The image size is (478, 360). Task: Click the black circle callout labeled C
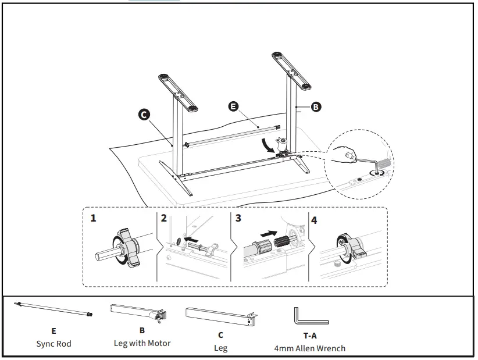click(144, 114)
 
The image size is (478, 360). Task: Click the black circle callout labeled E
click(233, 106)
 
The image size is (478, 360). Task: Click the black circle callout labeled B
click(316, 106)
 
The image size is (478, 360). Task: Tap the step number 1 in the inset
click(93, 219)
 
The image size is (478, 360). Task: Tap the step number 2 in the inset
click(164, 219)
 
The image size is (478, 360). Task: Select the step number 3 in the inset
click(238, 219)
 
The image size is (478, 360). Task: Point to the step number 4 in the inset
click(315, 220)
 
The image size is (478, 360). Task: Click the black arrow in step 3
click(269, 232)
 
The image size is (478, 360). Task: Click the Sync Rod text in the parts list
click(53, 344)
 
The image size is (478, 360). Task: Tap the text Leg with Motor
click(142, 343)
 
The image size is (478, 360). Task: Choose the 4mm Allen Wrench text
click(309, 348)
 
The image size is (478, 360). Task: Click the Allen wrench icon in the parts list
click(309, 317)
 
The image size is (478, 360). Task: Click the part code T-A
click(309, 336)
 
